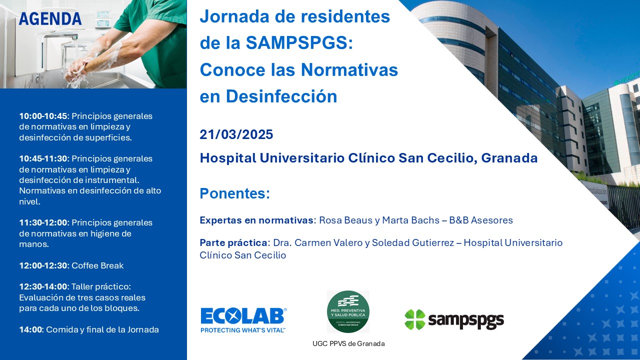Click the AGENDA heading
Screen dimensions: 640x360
point(50,19)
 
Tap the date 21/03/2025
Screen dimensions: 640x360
point(236,134)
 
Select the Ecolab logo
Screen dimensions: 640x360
point(243,320)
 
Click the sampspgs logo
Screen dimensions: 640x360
point(454,319)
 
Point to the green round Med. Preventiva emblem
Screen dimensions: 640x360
point(348,311)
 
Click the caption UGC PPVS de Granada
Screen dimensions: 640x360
point(348,343)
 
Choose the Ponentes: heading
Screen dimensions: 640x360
point(235,193)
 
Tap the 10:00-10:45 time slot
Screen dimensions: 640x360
point(43,116)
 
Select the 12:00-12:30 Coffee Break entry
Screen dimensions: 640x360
point(71,265)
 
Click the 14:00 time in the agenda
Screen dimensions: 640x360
point(30,329)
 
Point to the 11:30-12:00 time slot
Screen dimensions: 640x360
point(43,222)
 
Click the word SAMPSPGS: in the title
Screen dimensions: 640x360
point(299,43)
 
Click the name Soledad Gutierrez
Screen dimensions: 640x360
point(412,242)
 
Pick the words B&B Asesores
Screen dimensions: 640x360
point(481,220)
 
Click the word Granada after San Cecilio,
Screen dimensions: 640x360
point(509,158)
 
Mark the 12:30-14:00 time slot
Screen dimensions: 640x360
point(43,286)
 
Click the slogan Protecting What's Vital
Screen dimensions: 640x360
point(243,330)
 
